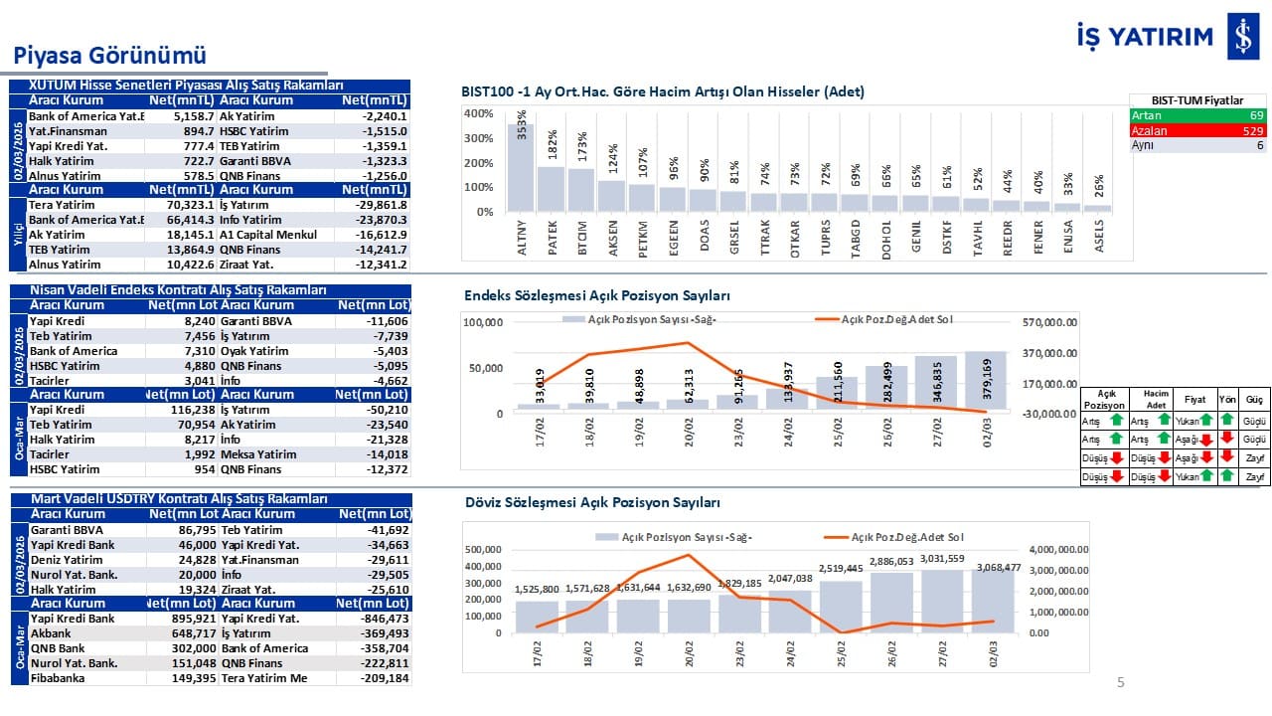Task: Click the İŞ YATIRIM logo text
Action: [x=1145, y=37]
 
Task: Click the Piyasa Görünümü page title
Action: [x=108, y=55]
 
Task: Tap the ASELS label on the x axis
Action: [x=1099, y=237]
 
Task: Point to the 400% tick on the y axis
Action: [x=478, y=113]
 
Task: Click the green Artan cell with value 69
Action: [x=1197, y=115]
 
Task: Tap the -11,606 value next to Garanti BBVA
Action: [x=387, y=321]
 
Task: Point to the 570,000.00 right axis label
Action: [x=1057, y=322]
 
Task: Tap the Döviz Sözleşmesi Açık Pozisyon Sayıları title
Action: [x=592, y=503]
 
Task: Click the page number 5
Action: [x=1121, y=682]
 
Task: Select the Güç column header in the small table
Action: [x=1254, y=400]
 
